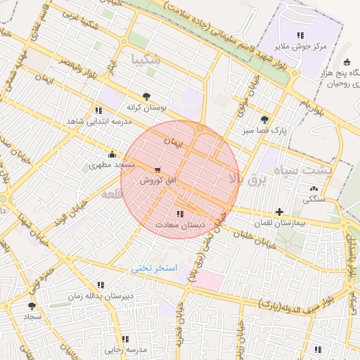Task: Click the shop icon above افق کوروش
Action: point(156,170)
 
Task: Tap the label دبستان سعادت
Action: point(180,225)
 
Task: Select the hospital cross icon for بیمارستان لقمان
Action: point(280,211)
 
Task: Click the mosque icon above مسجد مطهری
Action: point(111,155)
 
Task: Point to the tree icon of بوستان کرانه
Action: point(146,96)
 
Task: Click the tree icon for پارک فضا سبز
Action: point(264,120)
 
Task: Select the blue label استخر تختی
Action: point(155,269)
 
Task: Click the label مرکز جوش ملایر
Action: point(300,46)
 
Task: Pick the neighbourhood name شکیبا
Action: point(146,60)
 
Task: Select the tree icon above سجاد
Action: point(31,306)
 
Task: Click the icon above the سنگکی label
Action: point(313,188)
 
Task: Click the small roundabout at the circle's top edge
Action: point(200,128)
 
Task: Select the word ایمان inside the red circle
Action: point(172,141)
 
